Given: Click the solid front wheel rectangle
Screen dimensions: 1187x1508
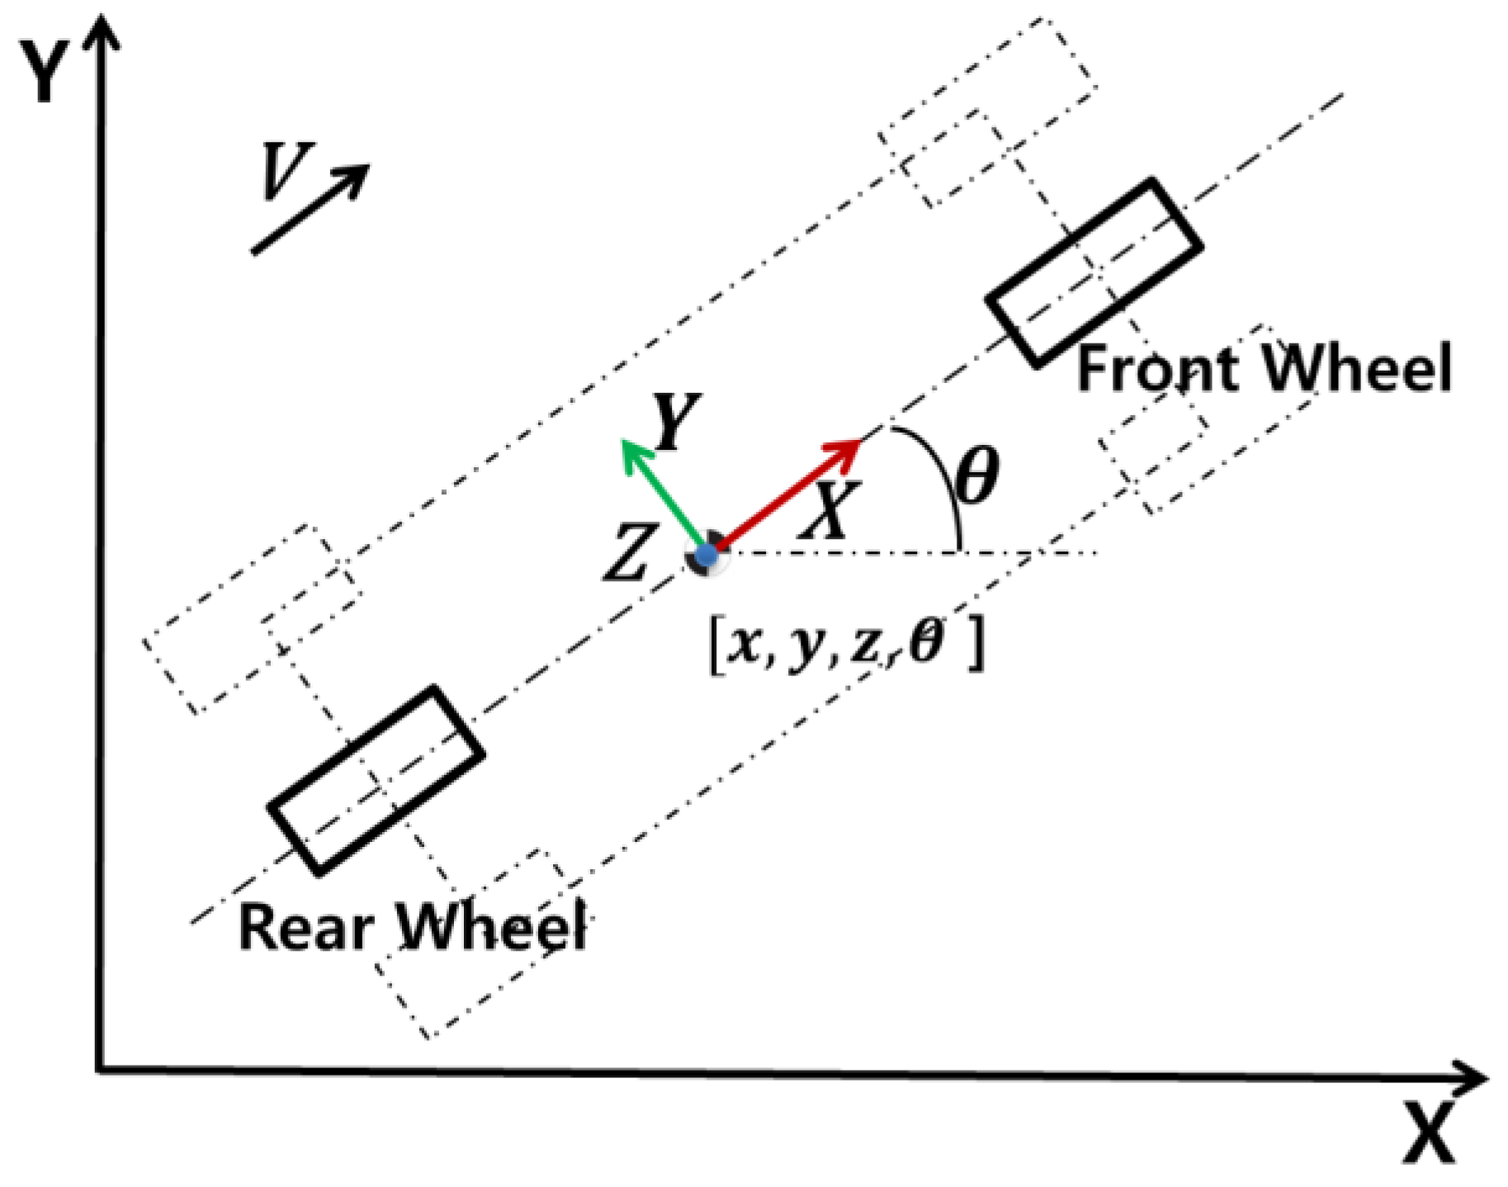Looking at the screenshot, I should (x=1094, y=272).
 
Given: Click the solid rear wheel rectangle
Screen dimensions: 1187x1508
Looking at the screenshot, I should (x=376, y=779).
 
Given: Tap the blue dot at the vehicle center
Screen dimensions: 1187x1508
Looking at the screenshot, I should (x=706, y=556).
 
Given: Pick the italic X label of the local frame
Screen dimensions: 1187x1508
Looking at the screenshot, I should (x=829, y=511).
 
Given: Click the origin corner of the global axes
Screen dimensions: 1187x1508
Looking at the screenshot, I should (x=100, y=1071).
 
